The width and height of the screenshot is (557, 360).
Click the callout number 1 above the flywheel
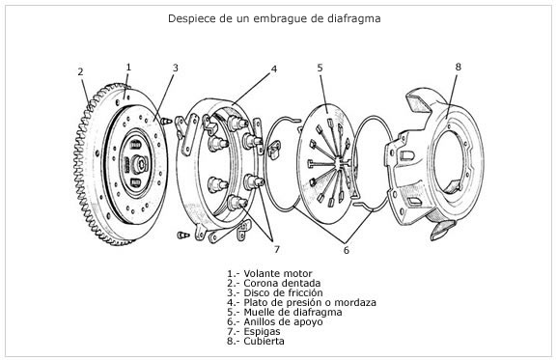(x=127, y=67)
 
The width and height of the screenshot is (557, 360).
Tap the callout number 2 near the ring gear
(x=80, y=71)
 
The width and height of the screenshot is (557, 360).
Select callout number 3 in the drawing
(x=175, y=68)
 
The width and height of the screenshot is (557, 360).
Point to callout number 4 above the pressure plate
(x=273, y=69)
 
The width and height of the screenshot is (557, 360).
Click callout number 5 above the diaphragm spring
(x=320, y=68)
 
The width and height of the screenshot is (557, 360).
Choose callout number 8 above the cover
(x=458, y=67)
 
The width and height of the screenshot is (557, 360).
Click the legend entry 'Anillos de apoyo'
(x=282, y=321)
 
